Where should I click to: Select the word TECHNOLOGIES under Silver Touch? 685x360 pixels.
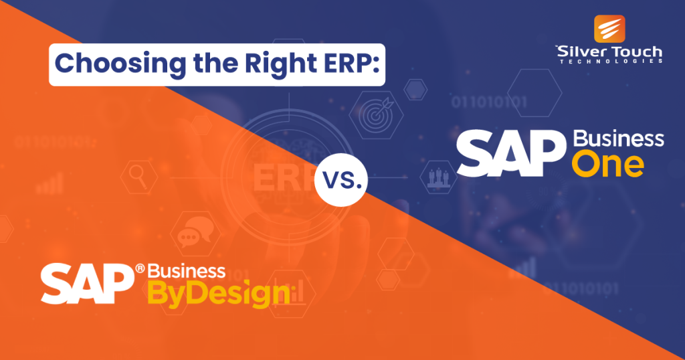(609, 61)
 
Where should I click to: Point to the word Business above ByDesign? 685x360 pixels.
(186, 270)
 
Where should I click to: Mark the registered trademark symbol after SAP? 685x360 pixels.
(139, 268)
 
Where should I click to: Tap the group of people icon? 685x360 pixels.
(437, 177)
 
